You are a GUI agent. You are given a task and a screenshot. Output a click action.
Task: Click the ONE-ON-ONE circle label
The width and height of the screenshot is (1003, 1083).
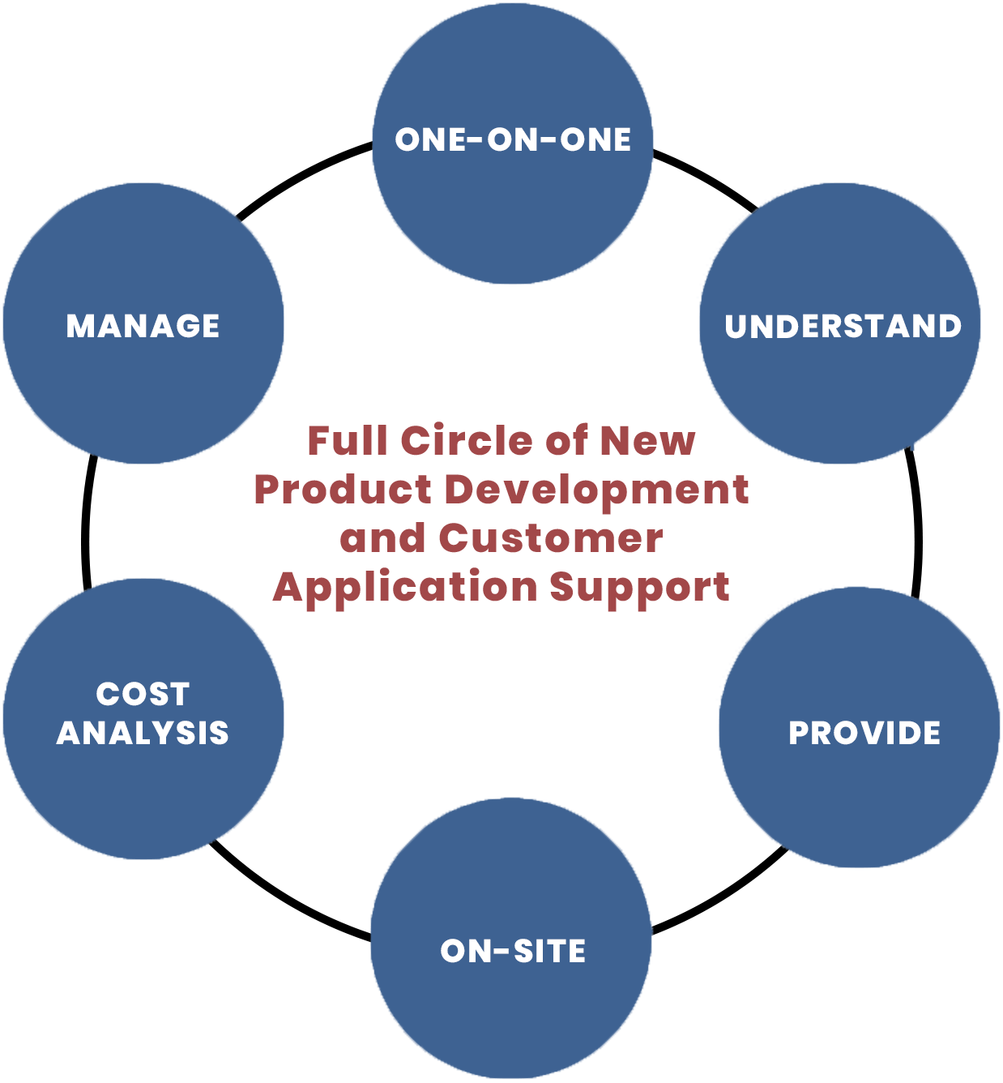coord(513,140)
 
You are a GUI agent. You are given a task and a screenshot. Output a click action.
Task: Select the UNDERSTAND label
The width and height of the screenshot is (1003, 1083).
coord(843,327)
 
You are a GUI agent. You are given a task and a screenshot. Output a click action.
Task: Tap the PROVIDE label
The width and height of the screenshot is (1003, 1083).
coord(864,733)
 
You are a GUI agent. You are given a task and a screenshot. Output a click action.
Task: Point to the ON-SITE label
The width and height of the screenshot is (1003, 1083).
coord(513,951)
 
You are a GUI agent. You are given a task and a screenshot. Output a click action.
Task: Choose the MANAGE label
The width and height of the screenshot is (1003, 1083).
coord(143,326)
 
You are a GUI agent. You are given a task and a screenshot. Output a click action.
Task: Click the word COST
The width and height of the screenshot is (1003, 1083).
coord(143,694)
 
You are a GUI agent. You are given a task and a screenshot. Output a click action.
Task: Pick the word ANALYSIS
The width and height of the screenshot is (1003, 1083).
coord(143,733)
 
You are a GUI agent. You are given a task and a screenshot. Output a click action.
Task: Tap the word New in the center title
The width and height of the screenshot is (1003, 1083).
coord(647,441)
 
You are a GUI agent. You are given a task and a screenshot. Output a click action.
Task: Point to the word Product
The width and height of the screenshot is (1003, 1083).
coord(343,490)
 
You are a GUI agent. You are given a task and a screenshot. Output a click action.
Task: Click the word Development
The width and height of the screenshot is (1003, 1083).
coord(597,490)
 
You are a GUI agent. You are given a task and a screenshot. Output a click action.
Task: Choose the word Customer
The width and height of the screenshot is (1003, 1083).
coord(551,538)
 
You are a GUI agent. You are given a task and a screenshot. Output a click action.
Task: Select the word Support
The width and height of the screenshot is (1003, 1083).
coord(640,588)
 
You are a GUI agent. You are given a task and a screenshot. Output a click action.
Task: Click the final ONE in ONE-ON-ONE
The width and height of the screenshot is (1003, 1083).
coord(595,140)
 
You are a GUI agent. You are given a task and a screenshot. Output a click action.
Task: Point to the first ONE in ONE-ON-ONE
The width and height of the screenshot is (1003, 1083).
coord(430,140)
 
